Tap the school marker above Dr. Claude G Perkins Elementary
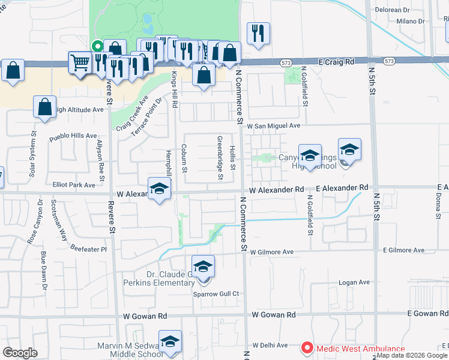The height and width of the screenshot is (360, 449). tap(203, 266)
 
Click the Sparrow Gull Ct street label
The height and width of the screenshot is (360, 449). tap(216, 294)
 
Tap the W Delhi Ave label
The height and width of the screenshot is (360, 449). tap(271, 345)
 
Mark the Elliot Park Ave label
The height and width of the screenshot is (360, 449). tap(74, 185)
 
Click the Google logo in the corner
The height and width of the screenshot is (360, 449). tap(20, 353)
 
